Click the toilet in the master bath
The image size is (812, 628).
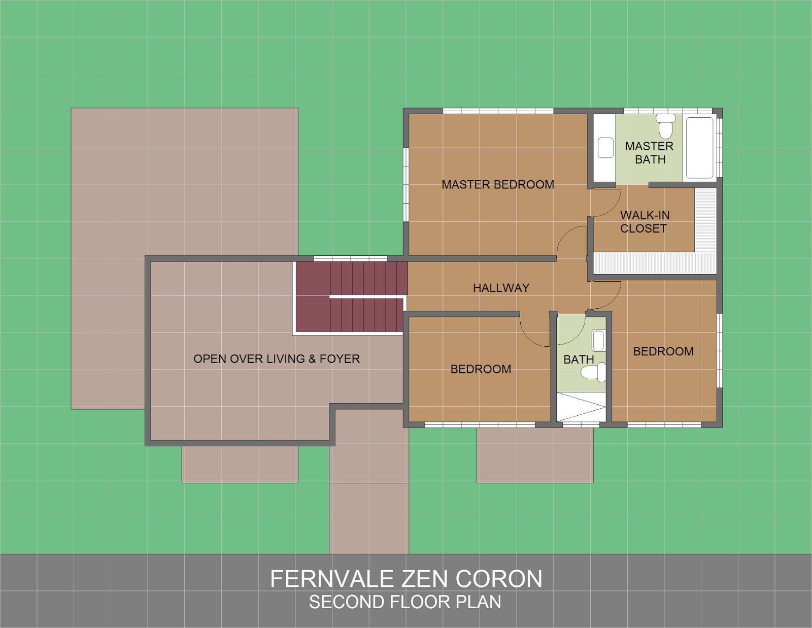pos(665,126)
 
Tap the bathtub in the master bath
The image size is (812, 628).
pos(699,148)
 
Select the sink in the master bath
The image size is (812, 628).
pos(605,148)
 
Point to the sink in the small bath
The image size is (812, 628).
pos(598,341)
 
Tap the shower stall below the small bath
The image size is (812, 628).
pos(581,407)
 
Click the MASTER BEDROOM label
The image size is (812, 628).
pos(497,185)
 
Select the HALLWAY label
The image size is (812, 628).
pos(501,288)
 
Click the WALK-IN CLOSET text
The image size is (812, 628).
pos(644,222)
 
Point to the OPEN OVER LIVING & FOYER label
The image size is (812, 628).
pos(277,359)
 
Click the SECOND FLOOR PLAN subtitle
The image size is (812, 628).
pos(405,602)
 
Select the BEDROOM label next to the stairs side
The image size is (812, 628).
pos(481,369)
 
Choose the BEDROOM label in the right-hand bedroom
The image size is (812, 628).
pos(663,351)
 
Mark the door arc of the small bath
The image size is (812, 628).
pos(571,330)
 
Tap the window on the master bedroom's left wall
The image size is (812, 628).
pos(405,184)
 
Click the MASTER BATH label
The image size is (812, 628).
pos(649,153)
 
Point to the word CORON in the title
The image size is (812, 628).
pos(498,579)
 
